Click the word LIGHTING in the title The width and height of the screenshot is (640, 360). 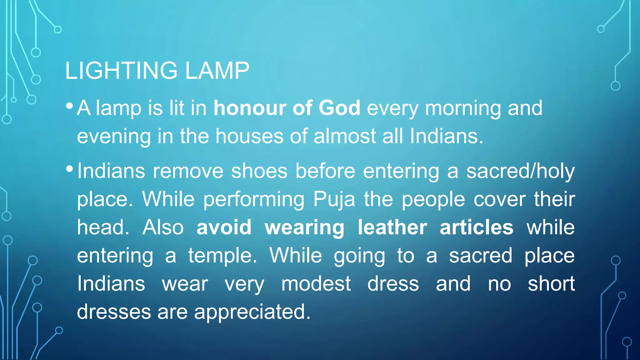(121, 71)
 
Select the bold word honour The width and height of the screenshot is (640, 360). (249, 108)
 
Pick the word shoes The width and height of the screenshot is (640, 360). (259, 171)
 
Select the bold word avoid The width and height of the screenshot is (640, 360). (224, 227)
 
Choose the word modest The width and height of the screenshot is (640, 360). (316, 284)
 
